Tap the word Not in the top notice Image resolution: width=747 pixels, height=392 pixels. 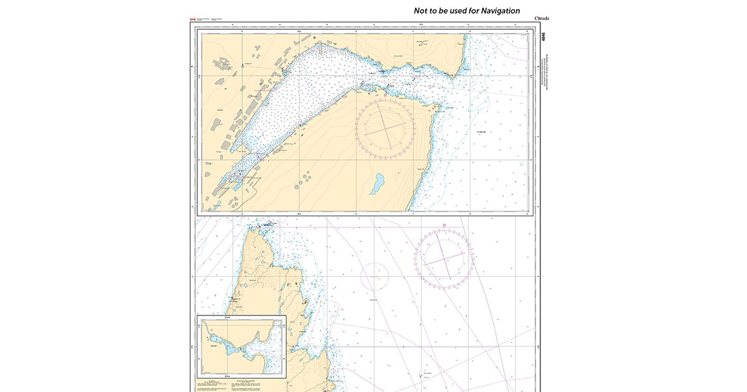[423, 11]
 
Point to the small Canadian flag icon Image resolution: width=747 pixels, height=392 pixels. [192, 20]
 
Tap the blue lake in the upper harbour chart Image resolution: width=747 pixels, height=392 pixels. [378, 183]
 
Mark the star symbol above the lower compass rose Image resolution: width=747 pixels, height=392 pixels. [444, 225]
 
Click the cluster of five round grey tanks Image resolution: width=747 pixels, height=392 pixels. [306, 179]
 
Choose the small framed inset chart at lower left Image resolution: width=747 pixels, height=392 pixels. [241, 346]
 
